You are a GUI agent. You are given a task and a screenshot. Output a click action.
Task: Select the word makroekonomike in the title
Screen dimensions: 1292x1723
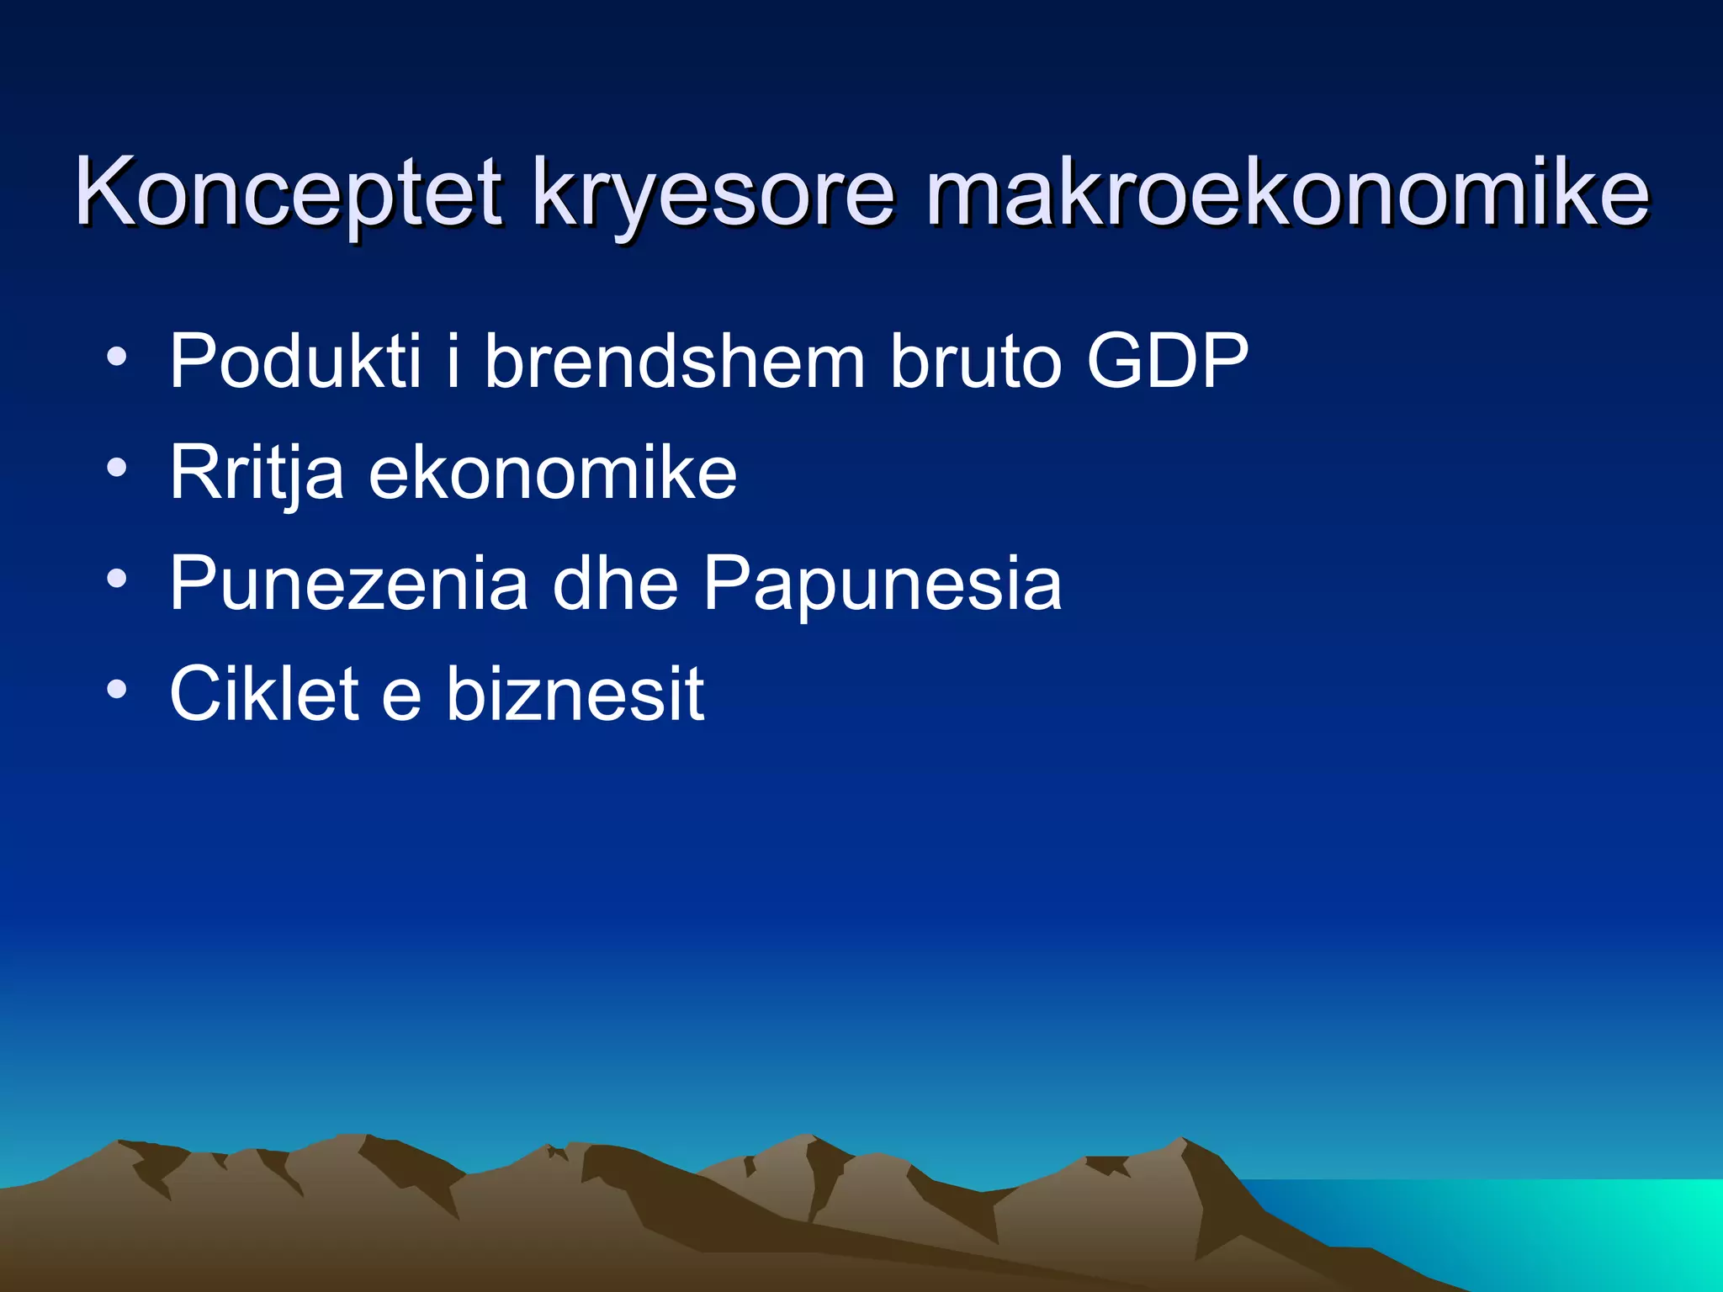1287,193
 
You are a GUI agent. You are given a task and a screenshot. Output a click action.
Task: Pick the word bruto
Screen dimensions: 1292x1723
976,362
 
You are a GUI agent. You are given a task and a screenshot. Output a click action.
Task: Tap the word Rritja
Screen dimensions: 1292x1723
257,473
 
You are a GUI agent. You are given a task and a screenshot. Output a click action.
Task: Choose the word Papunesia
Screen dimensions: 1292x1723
883,583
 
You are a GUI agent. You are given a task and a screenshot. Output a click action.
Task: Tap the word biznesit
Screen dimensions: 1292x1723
575,693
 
